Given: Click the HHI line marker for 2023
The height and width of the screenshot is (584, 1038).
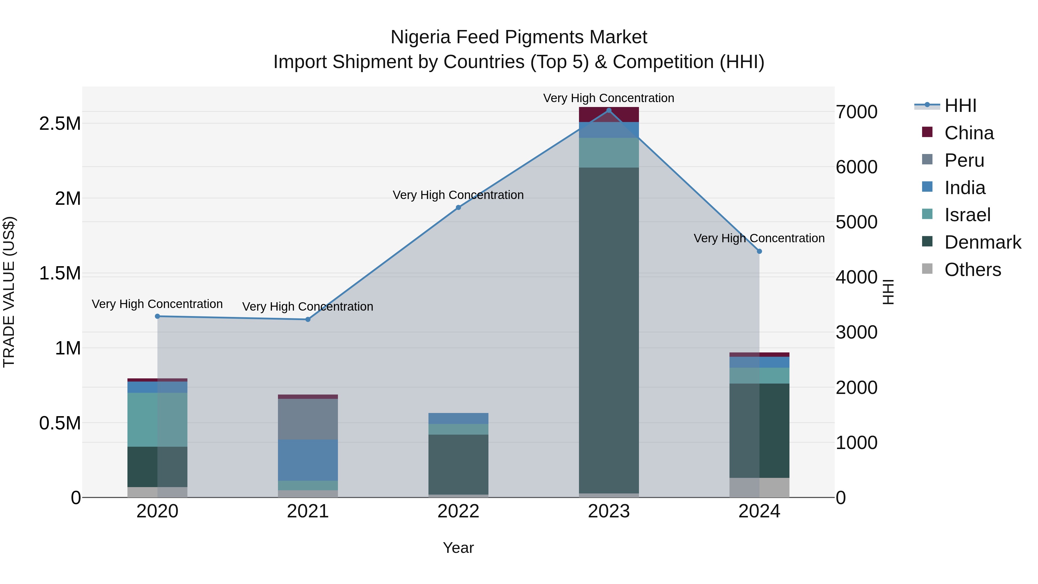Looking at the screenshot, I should (608, 110).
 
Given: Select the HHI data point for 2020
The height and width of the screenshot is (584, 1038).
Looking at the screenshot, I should (157, 316).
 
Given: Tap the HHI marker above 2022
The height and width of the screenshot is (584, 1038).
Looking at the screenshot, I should (458, 208).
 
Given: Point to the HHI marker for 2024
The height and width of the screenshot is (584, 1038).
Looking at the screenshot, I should (759, 251).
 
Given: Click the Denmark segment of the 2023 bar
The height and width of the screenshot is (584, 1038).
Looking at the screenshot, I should (608, 331).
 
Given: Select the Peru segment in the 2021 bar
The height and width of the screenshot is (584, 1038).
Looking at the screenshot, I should (308, 419).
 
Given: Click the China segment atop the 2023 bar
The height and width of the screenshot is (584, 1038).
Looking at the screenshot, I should (608, 115).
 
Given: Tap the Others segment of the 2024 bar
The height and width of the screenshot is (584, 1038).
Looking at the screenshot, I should (759, 488).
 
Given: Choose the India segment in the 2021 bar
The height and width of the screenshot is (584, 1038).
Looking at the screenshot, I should (308, 460).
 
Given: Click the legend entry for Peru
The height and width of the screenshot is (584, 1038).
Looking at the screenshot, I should (964, 160).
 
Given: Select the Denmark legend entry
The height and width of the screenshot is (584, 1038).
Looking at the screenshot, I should (982, 242).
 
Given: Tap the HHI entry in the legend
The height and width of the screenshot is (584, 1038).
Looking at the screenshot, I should (960, 106).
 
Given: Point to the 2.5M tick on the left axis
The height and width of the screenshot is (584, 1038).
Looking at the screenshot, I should (60, 124).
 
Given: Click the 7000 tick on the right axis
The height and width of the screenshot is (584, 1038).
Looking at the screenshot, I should (856, 112).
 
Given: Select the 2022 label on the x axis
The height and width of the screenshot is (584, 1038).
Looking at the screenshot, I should (458, 511).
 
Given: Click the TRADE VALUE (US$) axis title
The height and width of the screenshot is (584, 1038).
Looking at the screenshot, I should (9, 292).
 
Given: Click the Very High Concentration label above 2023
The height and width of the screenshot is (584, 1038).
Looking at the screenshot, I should (608, 98).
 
